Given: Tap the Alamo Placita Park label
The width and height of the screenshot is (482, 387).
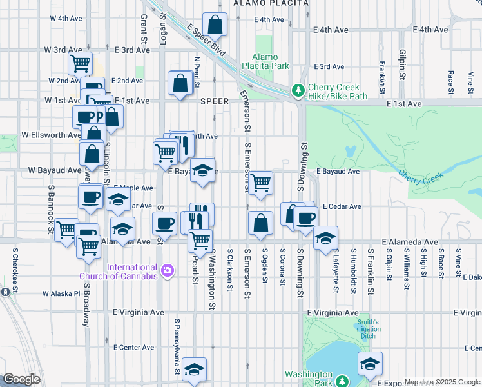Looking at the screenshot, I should coord(265,61).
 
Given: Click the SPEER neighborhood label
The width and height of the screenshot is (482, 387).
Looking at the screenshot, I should coord(215,101).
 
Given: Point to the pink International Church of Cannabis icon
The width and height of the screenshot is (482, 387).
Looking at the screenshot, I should coord(168,270).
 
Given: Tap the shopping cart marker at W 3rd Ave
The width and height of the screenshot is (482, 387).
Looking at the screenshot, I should coord(81,63).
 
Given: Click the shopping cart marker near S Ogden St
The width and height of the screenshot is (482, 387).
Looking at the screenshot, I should coord(261,183).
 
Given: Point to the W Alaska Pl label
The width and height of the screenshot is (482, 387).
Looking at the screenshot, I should coord(62,293).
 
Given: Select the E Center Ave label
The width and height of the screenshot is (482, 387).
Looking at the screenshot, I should coord(133,347).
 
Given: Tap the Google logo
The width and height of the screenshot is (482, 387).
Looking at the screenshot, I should coord(21,379).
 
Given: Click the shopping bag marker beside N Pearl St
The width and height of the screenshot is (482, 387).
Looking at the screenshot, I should coord(180,83).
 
